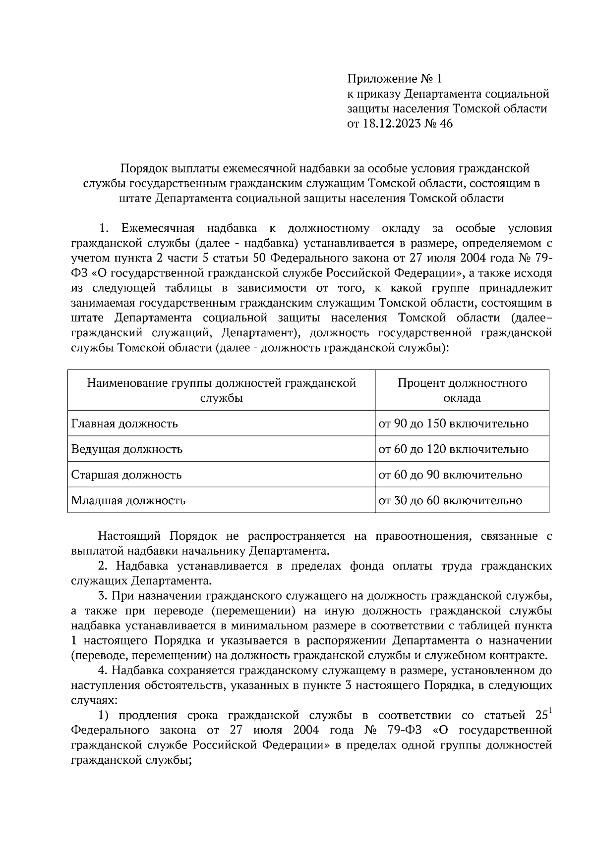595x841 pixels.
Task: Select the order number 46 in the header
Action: point(446,123)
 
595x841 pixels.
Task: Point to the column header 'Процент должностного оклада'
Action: point(462,390)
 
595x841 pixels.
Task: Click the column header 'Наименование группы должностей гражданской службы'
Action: point(221,390)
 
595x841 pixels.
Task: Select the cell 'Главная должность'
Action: point(124,424)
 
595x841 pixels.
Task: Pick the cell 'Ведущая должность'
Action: point(127,450)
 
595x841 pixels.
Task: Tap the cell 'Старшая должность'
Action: point(126,475)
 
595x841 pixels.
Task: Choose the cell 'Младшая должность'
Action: point(128,500)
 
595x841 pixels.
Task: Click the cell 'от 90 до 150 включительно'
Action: point(453,424)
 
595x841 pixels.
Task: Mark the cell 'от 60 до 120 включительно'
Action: point(453,450)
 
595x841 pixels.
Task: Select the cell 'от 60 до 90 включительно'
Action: point(450,475)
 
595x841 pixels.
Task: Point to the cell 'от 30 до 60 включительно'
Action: point(450,500)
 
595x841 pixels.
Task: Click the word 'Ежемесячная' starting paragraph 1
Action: point(154,228)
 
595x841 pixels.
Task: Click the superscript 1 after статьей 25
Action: point(548,712)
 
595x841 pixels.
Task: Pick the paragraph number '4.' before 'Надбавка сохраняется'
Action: point(103,671)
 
